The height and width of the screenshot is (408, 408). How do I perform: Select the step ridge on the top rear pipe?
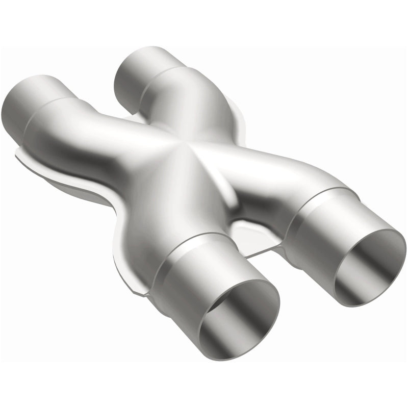click(x=153, y=82)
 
